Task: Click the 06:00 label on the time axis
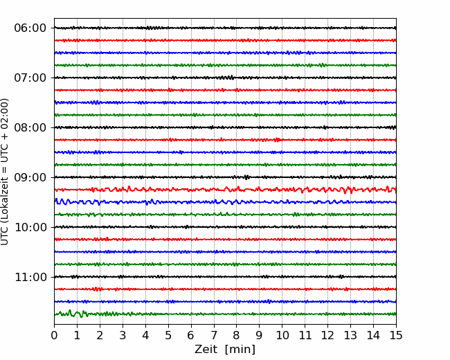click(30, 28)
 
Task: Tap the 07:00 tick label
click(30, 78)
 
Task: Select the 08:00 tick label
click(30, 128)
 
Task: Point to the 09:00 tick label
click(30, 177)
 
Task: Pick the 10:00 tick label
click(30, 227)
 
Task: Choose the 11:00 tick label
click(30, 278)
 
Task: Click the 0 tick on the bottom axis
click(54, 335)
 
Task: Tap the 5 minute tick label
click(168, 335)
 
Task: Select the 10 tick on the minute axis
click(282, 335)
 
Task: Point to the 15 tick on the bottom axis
click(396, 335)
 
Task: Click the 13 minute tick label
click(350, 335)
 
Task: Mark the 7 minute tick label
click(214, 335)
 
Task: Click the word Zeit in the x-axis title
click(206, 350)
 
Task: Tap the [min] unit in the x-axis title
click(240, 350)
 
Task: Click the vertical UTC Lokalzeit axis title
click(5, 172)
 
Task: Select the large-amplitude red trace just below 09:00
click(225, 190)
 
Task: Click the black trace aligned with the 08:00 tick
click(225, 127)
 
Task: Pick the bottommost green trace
click(225, 314)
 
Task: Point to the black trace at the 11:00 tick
click(225, 277)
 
